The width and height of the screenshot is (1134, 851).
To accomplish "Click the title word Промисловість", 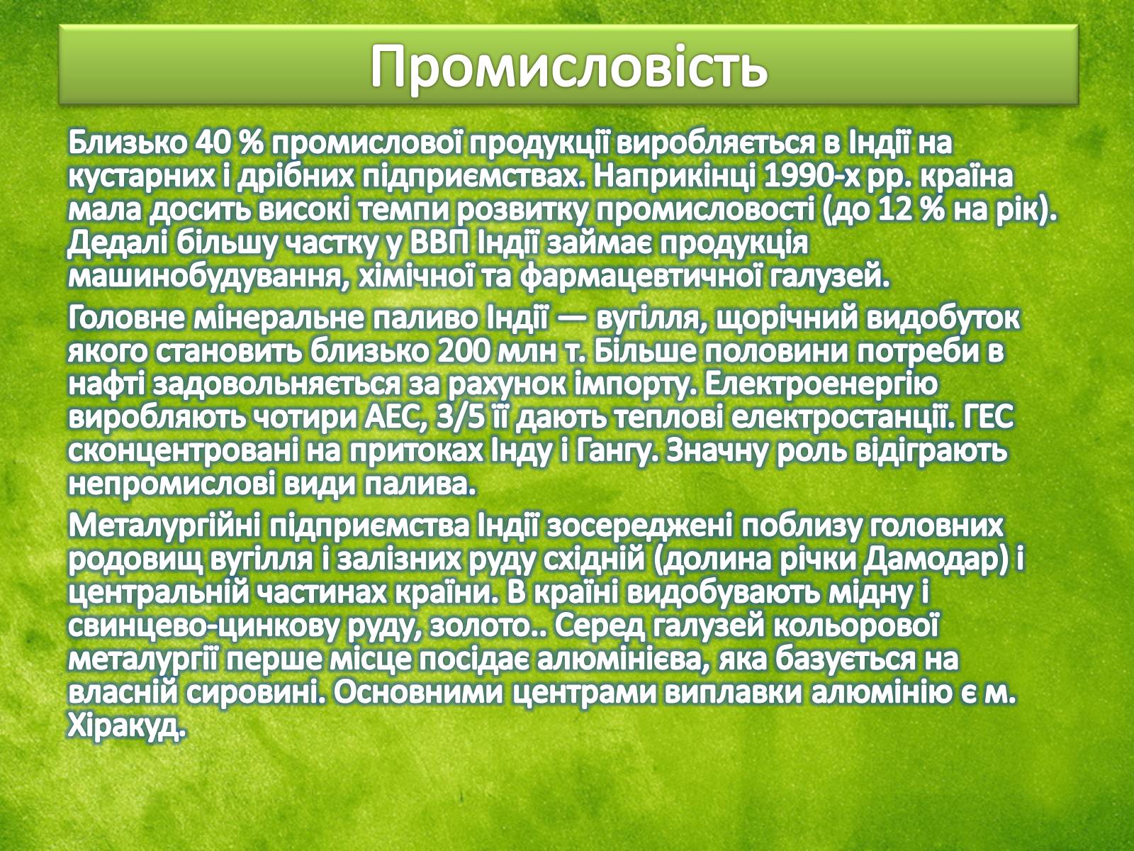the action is coord(569,67).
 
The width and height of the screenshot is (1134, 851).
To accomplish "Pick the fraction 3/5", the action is coord(462,419).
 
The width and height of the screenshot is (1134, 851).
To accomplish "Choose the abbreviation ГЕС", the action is coord(987,419).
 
